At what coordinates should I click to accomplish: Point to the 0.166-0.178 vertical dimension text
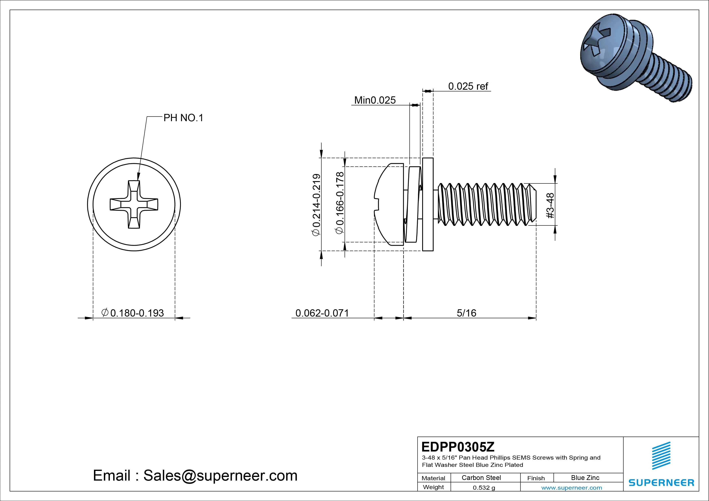[x=340, y=203]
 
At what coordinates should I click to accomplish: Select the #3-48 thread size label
[x=550, y=206]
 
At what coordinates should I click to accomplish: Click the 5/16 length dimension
[x=466, y=313]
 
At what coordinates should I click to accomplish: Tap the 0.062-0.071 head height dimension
[x=322, y=313]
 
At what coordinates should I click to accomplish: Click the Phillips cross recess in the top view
[x=134, y=204]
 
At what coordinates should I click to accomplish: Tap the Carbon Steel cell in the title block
[x=481, y=478]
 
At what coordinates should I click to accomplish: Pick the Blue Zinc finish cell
[x=585, y=478]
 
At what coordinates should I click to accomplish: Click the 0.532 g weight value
[x=484, y=488]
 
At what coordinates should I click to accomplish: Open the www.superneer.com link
[x=572, y=488]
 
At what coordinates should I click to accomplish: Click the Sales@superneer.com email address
[x=220, y=476]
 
